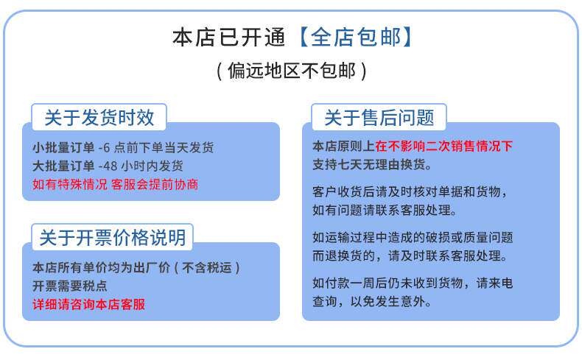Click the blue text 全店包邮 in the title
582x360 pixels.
356,38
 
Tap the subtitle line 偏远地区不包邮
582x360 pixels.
292,71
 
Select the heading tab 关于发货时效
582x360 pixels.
99,118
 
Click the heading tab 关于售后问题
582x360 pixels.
379,118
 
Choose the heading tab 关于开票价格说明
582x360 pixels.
113,237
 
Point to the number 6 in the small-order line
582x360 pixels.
106,147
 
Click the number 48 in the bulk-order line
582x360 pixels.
111,166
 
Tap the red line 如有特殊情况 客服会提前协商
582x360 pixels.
115,184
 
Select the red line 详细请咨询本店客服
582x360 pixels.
88,304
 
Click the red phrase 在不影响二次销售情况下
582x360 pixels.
443,146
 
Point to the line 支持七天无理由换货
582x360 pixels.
372,164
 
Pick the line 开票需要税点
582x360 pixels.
70,286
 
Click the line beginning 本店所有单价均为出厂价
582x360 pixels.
136,267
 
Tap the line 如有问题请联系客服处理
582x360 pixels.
385,211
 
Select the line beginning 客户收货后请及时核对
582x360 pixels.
410,191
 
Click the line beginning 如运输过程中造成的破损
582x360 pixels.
413,237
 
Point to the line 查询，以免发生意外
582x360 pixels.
372,301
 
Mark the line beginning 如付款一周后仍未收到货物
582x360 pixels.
413,283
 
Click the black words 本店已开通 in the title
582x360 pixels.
228,38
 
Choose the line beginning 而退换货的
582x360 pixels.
410,255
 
